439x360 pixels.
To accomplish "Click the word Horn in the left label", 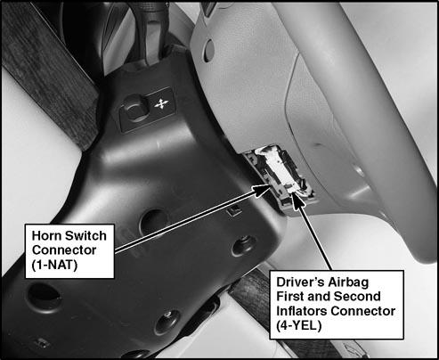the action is pos(46,236).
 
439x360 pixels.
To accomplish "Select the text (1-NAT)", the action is pos(54,265).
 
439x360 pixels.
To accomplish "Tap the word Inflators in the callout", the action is pos(302,311).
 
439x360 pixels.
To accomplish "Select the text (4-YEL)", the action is pos(299,326).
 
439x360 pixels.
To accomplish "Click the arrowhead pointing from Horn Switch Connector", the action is pos(263,189).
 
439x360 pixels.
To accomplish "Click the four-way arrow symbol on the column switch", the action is pos(162,102).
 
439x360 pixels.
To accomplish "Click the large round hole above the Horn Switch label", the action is pos(153,222).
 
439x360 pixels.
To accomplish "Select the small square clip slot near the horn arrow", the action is pos(234,210).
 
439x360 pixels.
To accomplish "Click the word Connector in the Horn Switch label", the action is pos(64,250).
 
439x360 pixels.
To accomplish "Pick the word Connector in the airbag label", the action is pos(363,311).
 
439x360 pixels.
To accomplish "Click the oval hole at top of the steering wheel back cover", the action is pos(209,51).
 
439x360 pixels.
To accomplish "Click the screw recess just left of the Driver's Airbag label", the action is pos(243,246).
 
